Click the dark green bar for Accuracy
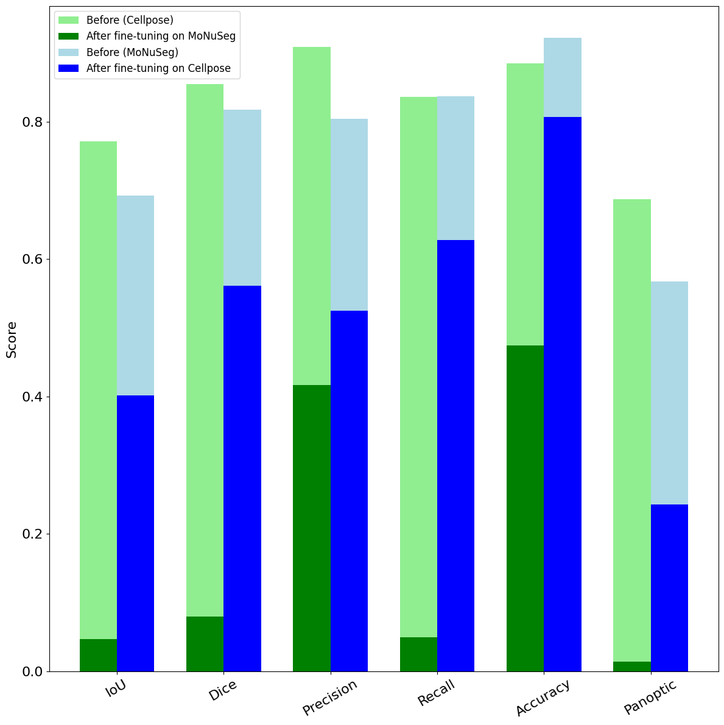pos(525,508)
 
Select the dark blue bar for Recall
pos(455,455)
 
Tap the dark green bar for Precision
pos(312,528)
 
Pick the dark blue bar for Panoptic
pos(669,587)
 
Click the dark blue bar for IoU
pos(135,533)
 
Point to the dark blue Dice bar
pos(242,478)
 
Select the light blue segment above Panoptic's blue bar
pos(669,392)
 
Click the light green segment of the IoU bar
pos(98,390)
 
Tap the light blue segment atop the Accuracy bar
pos(563,77)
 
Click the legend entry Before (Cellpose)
pos(130,20)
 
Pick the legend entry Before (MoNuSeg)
pos(132,52)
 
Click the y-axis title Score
pos(12,339)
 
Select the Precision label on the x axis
pos(329,698)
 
